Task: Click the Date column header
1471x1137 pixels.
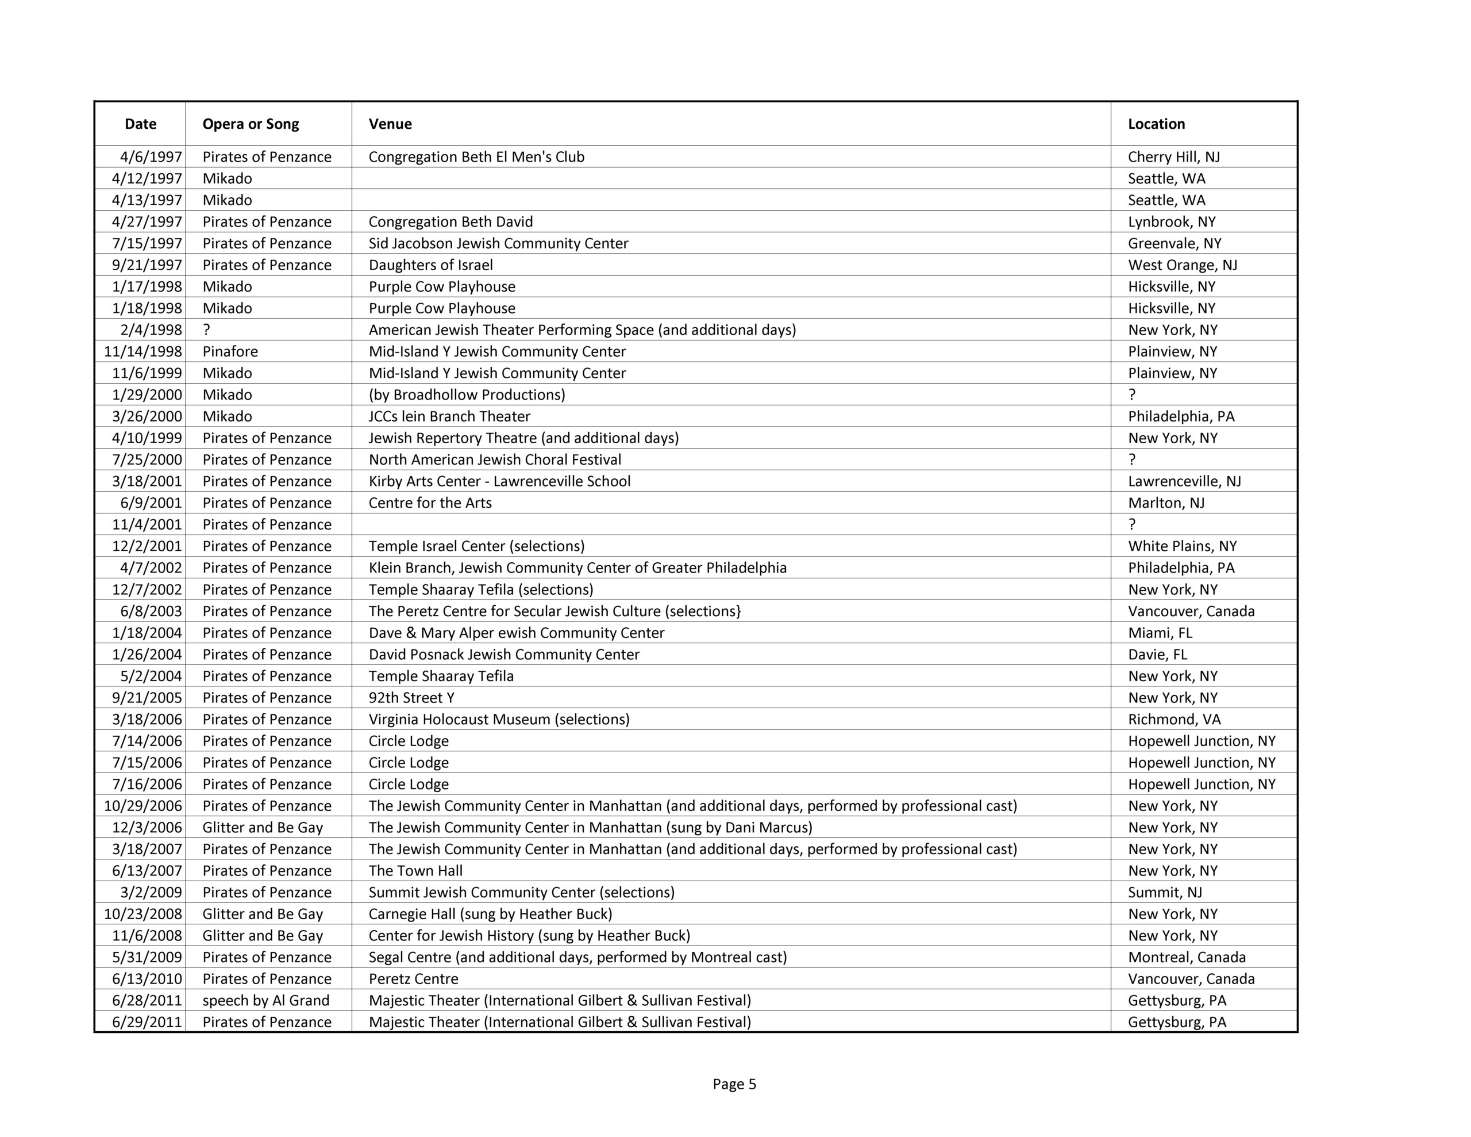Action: (x=140, y=124)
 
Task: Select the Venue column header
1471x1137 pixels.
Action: (x=390, y=124)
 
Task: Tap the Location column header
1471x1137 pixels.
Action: (x=1156, y=124)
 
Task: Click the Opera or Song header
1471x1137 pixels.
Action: (x=251, y=124)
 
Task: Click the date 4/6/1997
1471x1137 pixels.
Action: (x=151, y=157)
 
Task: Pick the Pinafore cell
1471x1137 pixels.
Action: (x=230, y=352)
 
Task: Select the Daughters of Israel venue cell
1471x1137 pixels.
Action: (x=430, y=265)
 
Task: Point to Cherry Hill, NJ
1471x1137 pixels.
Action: (x=1173, y=157)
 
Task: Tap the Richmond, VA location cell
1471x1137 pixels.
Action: (x=1174, y=719)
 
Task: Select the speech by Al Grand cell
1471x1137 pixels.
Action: (x=265, y=1000)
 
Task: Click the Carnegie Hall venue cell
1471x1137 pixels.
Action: (x=490, y=914)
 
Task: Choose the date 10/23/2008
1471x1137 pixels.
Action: (x=143, y=914)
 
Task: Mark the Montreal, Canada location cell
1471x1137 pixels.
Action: (x=1186, y=957)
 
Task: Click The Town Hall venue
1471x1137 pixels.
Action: (x=415, y=871)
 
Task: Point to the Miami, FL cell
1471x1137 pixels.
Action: (x=1160, y=633)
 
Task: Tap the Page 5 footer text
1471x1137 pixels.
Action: (x=734, y=1084)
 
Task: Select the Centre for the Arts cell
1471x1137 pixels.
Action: (x=430, y=503)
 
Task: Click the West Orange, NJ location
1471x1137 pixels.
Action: (x=1182, y=265)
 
